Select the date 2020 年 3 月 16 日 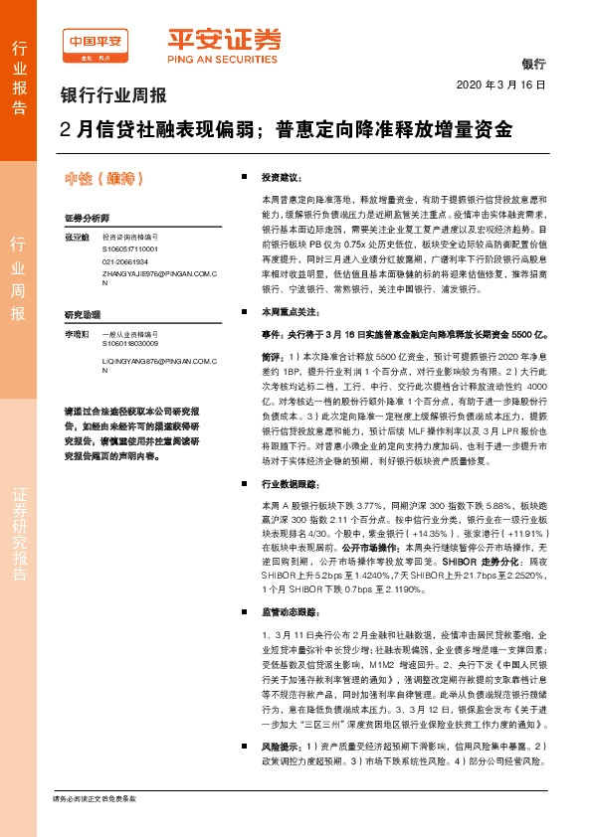pyautogui.click(x=501, y=85)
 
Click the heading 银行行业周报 pyautogui.click(x=114, y=97)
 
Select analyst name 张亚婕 pyautogui.click(x=77, y=239)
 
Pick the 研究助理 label pyautogui.click(x=82, y=313)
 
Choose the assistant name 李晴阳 pyautogui.click(x=77, y=335)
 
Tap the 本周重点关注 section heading pyautogui.click(x=289, y=311)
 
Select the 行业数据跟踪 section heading pyautogui.click(x=289, y=484)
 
